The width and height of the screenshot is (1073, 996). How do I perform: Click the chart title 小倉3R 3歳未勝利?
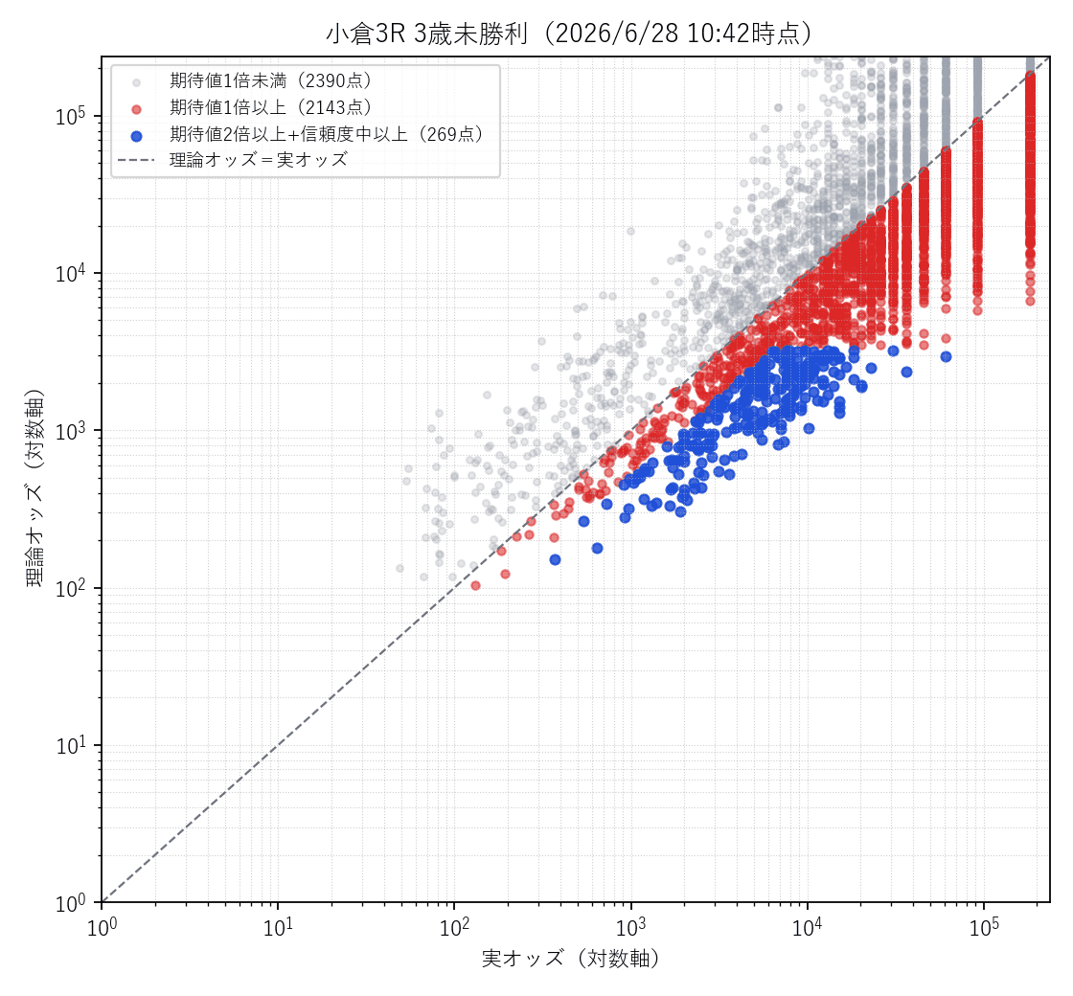[426, 33]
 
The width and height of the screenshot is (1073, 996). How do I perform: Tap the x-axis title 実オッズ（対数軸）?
[571, 959]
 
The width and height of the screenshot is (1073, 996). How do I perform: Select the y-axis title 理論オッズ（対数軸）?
[34, 488]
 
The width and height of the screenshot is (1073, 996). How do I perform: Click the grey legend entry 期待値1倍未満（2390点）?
[270, 80]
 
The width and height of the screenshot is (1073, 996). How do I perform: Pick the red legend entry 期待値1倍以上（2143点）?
[270, 107]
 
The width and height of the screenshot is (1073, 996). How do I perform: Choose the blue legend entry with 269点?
[326, 134]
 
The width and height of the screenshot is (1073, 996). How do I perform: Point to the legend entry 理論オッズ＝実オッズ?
[259, 159]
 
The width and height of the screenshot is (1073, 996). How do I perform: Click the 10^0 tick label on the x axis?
[103, 928]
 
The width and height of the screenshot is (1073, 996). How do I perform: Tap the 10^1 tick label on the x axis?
[279, 928]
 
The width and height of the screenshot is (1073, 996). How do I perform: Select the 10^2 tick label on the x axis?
[455, 928]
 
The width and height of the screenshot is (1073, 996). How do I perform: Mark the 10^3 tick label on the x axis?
[631, 928]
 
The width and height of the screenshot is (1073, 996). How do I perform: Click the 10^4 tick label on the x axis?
[808, 928]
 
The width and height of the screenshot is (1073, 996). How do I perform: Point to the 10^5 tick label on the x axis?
[984, 928]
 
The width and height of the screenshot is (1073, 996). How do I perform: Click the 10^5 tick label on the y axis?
[70, 116]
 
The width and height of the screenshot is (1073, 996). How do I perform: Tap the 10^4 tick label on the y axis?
[70, 273]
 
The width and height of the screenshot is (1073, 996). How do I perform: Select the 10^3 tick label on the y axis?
[70, 430]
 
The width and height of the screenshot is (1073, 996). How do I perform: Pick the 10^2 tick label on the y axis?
[70, 588]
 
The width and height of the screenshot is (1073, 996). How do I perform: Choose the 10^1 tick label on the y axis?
[70, 745]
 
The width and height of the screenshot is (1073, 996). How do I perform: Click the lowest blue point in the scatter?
[555, 559]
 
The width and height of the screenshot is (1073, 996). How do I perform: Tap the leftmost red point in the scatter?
[475, 585]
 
